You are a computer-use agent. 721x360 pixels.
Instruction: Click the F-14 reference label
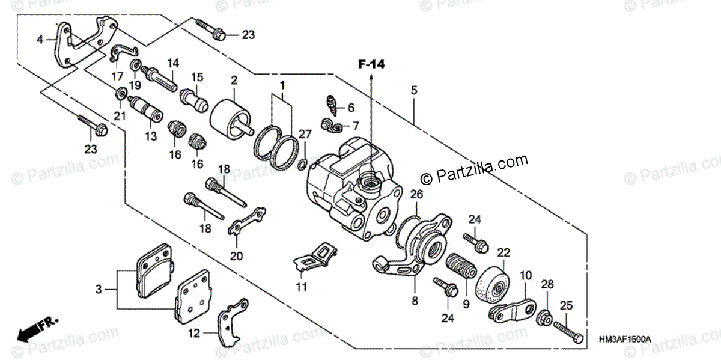pyautogui.click(x=371, y=64)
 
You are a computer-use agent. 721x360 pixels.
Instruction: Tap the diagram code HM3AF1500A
pyautogui.click(x=624, y=340)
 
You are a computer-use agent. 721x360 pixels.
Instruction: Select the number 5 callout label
pyautogui.click(x=413, y=91)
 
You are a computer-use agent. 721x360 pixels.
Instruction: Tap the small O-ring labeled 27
pyautogui.click(x=304, y=163)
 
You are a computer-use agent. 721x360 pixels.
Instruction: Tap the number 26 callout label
pyautogui.click(x=416, y=194)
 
